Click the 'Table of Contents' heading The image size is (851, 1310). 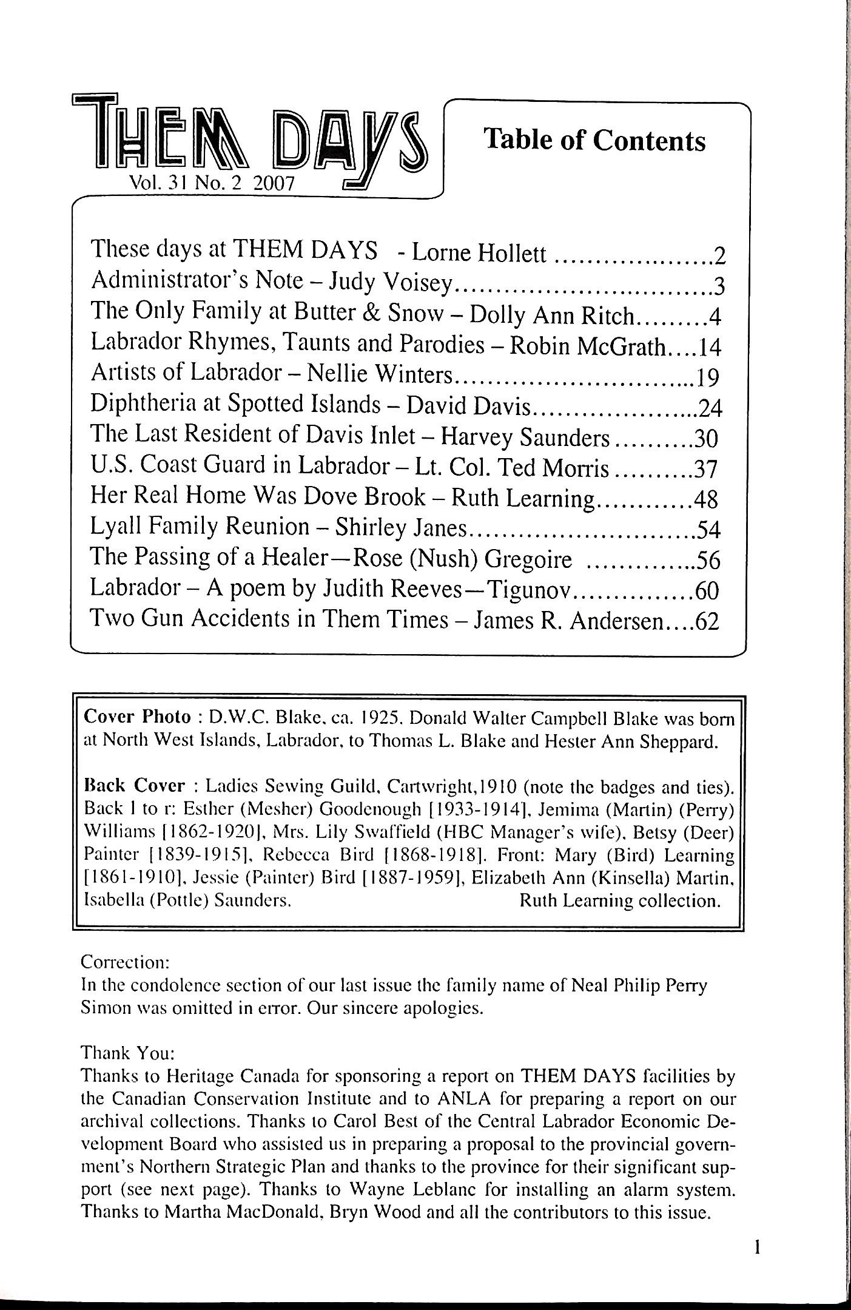[594, 140]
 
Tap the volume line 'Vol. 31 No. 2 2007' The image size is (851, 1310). [212, 183]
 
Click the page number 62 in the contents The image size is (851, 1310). [707, 622]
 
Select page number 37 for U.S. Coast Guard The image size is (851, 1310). [706, 469]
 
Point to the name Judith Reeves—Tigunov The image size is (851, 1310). [448, 589]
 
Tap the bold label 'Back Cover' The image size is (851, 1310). [133, 786]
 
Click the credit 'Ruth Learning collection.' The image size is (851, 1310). [620, 900]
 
